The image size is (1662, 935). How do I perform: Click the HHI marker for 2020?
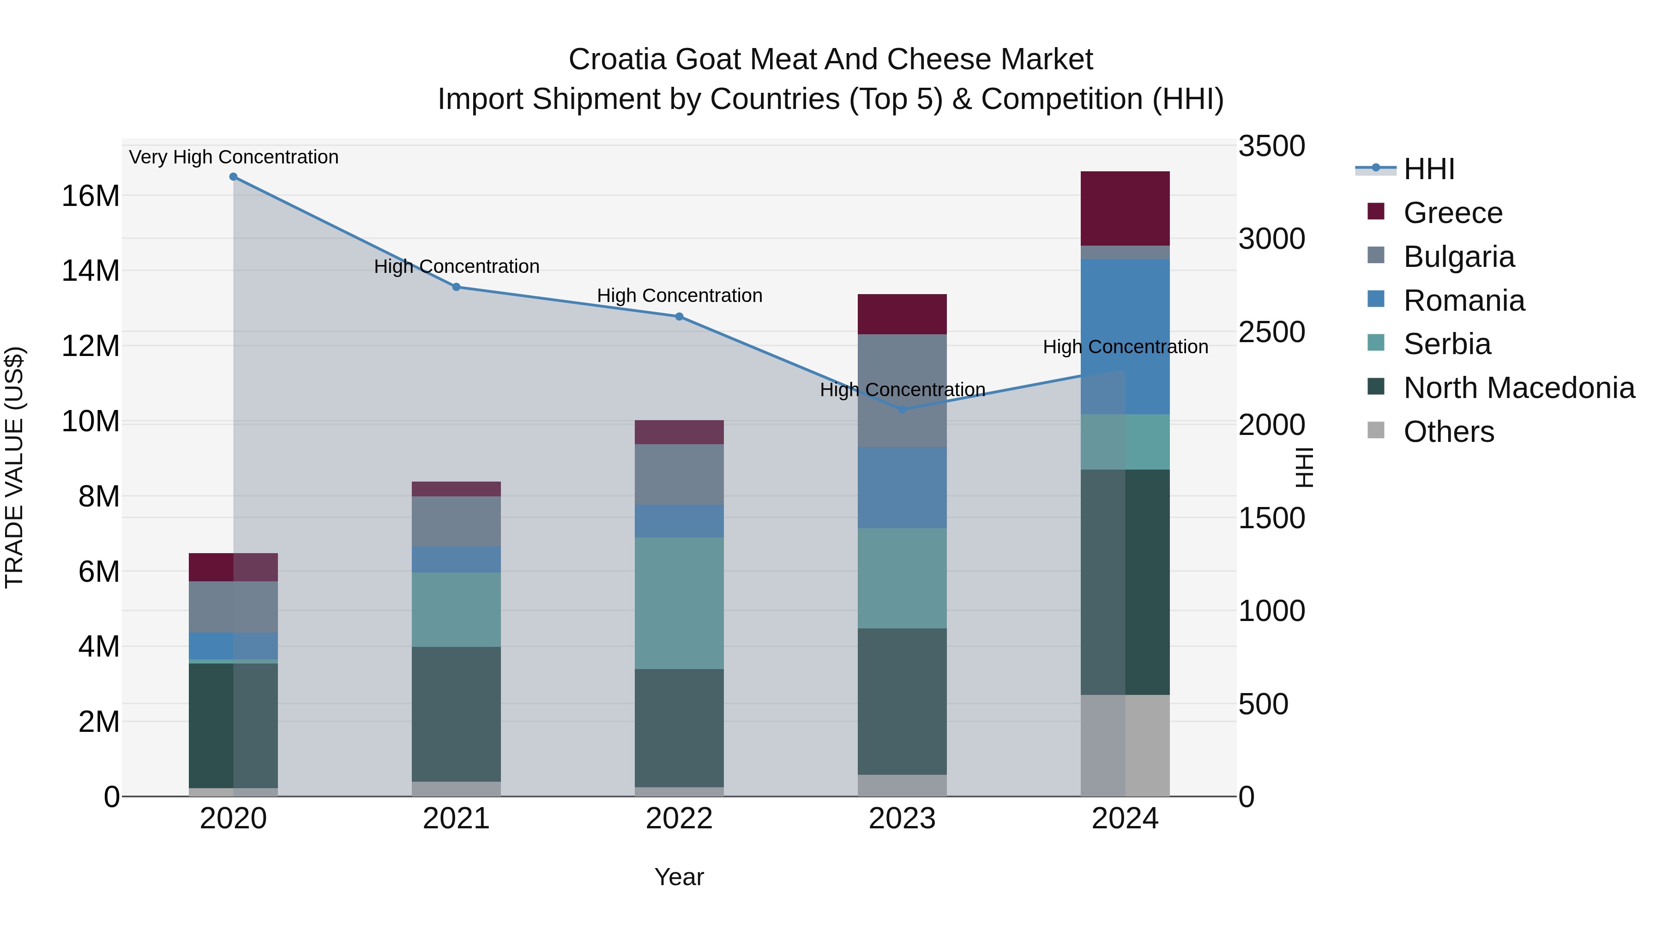click(234, 177)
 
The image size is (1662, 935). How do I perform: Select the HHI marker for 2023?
click(902, 410)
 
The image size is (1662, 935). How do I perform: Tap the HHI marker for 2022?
click(679, 317)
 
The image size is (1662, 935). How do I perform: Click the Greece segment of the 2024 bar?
click(1125, 208)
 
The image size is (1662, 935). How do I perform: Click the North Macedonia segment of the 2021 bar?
click(456, 714)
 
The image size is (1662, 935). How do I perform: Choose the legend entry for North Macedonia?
click(1519, 388)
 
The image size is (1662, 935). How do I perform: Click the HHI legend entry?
click(1428, 169)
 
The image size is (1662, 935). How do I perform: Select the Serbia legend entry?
click(1446, 344)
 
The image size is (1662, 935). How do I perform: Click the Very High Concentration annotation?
click(234, 157)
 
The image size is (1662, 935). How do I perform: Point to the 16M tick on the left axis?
click(90, 195)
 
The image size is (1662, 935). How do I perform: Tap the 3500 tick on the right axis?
click(1271, 146)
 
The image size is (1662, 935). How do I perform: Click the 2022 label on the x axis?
click(679, 819)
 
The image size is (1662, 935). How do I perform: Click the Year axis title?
click(679, 877)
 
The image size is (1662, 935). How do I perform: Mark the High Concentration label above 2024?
click(1125, 347)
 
